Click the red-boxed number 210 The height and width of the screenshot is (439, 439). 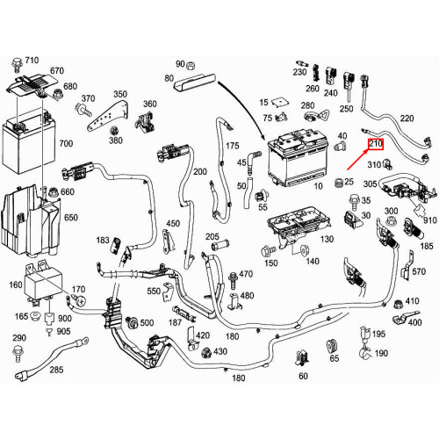click(375, 144)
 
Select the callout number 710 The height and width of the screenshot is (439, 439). click(32, 60)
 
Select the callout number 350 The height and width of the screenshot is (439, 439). click(119, 93)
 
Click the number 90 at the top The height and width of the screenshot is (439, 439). click(180, 64)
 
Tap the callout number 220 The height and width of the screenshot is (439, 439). click(407, 118)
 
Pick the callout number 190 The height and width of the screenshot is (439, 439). click(380, 353)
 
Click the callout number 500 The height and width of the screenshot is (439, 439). click(147, 323)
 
